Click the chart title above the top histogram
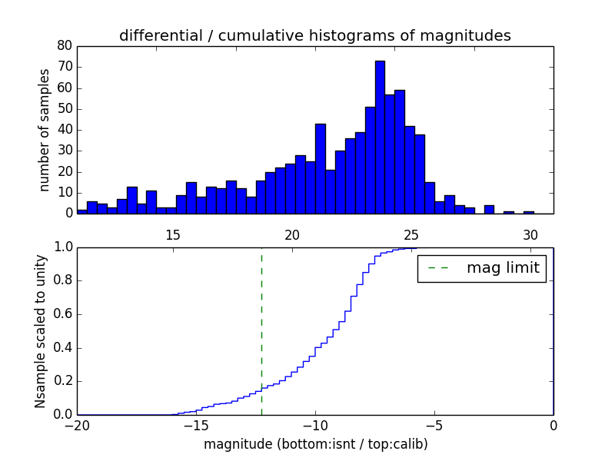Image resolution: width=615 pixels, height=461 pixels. tap(314, 35)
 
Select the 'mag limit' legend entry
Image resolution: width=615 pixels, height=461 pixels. tap(503, 268)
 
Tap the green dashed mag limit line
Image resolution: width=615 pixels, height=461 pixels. tap(261, 330)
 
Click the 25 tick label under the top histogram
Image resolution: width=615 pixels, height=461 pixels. tap(411, 234)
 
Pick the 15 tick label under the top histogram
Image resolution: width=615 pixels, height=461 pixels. tap(173, 234)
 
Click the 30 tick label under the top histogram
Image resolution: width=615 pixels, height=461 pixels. tap(530, 234)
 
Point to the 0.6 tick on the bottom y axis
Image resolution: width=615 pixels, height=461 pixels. tap(62, 314)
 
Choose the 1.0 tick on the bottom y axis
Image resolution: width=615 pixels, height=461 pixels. tap(62, 247)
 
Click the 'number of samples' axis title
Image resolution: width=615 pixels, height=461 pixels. tap(45, 130)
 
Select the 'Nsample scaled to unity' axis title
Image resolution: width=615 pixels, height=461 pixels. tap(40, 331)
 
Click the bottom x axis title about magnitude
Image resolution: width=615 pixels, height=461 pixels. tap(315, 444)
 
